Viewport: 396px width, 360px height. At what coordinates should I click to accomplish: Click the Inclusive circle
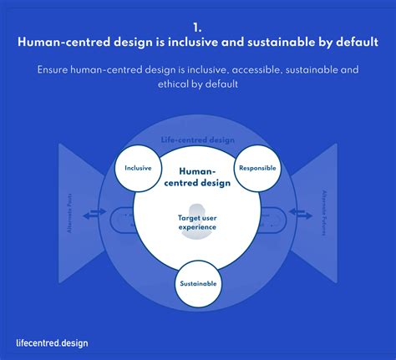tap(138, 168)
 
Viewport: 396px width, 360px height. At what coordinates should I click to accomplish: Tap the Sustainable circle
tap(198, 284)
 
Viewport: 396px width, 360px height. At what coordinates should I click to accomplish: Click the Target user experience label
tap(197, 222)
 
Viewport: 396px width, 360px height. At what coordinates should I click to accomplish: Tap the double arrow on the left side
tap(94, 215)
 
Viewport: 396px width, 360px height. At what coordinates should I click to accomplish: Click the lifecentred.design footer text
tap(52, 342)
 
